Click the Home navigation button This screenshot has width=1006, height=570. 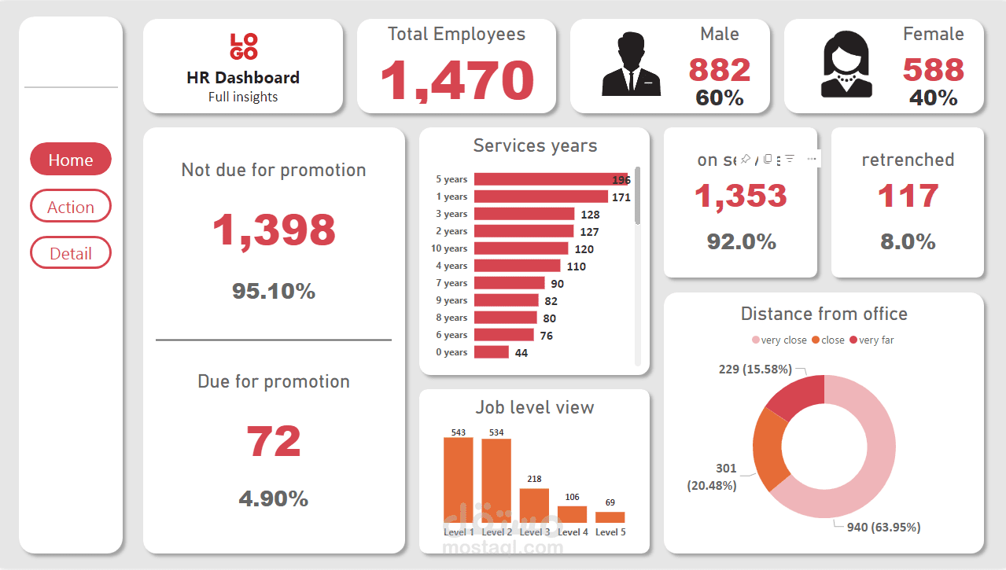click(71, 160)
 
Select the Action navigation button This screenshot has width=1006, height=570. click(71, 207)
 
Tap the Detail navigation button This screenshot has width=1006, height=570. click(71, 253)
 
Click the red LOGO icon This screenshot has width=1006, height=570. click(243, 46)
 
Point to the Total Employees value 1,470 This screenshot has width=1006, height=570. click(457, 79)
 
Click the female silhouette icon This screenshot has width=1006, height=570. click(846, 67)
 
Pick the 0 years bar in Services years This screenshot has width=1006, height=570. click(492, 352)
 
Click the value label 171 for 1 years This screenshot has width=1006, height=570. click(621, 197)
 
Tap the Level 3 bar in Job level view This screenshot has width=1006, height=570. click(534, 506)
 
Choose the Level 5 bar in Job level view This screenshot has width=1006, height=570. click(610, 517)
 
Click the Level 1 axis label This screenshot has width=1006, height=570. click(459, 532)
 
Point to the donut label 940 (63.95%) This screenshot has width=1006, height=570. click(883, 527)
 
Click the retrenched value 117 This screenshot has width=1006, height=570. click(908, 196)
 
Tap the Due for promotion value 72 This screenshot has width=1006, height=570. click(274, 441)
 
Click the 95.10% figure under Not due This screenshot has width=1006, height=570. click(274, 292)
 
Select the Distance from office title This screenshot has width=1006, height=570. click(824, 314)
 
